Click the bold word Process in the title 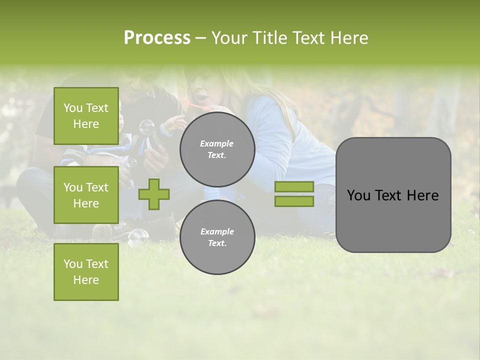(157, 38)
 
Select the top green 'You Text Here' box (86, 116)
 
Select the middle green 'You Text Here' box (86, 195)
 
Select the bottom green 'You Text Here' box (86, 271)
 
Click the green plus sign (154, 194)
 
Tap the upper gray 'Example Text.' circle (217, 149)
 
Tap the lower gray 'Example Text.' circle (217, 237)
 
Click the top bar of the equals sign (294, 186)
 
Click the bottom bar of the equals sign (294, 201)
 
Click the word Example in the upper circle (217, 143)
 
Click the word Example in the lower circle (217, 231)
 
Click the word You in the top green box (73, 108)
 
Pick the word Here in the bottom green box (86, 280)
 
